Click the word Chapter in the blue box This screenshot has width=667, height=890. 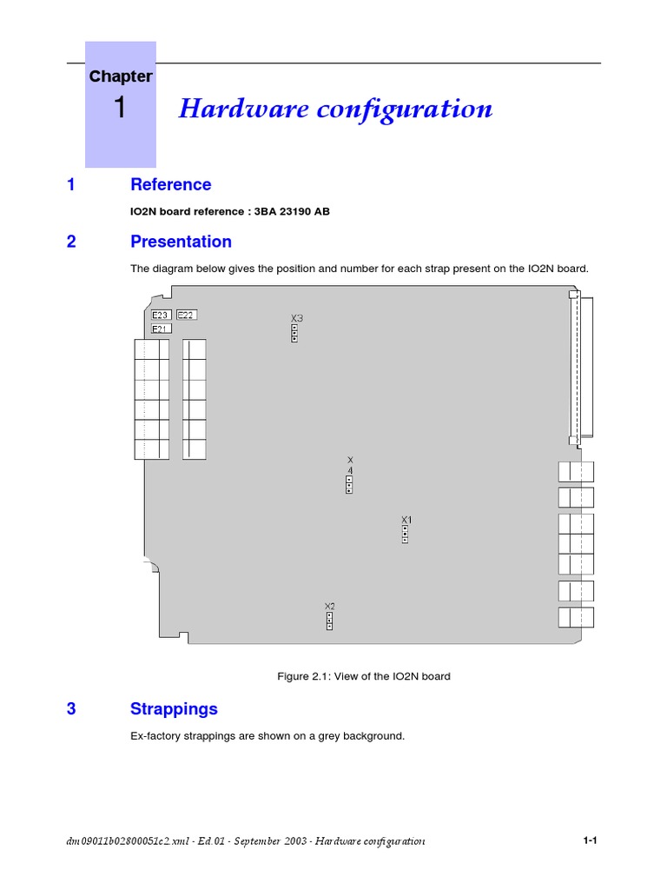click(x=120, y=76)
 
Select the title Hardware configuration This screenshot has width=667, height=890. click(x=335, y=110)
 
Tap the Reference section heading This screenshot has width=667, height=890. click(x=170, y=184)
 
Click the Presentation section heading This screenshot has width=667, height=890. click(x=181, y=242)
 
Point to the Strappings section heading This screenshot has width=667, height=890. click(x=174, y=709)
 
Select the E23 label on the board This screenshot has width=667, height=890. click(x=161, y=315)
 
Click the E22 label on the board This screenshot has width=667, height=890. click(x=186, y=315)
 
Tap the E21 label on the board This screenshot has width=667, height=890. click(x=161, y=329)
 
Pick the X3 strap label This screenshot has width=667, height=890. click(x=296, y=318)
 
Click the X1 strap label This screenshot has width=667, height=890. click(x=406, y=520)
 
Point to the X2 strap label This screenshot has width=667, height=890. click(x=329, y=606)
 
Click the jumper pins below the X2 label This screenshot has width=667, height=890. click(x=329, y=620)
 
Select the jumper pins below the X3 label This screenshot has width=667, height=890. click(x=294, y=333)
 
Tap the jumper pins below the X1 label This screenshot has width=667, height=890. click(x=405, y=534)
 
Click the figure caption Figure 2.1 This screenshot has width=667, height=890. click(x=363, y=676)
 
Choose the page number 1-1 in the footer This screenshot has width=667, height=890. click(x=591, y=841)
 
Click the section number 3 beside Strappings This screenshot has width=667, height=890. click(x=71, y=709)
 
